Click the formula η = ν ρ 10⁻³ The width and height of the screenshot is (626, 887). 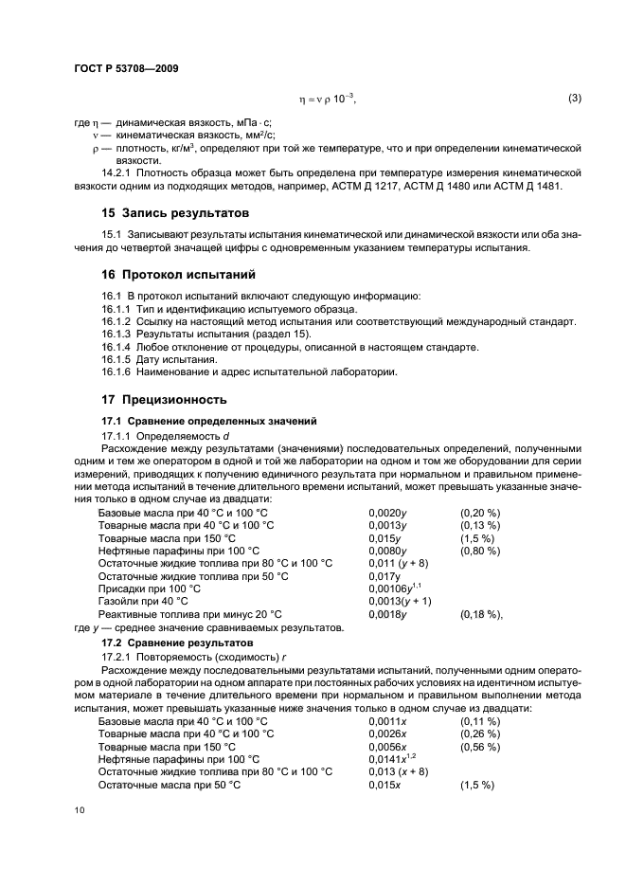[x=328, y=100]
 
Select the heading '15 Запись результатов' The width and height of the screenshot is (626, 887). [x=175, y=213]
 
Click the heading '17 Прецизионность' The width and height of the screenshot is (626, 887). [x=166, y=399]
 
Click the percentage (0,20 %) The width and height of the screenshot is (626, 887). [x=480, y=513]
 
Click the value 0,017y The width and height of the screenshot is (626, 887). [x=384, y=574]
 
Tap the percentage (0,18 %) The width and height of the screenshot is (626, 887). [x=482, y=613]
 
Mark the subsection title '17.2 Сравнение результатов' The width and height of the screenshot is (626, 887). [x=169, y=643]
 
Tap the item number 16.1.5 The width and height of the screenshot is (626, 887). [x=115, y=359]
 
